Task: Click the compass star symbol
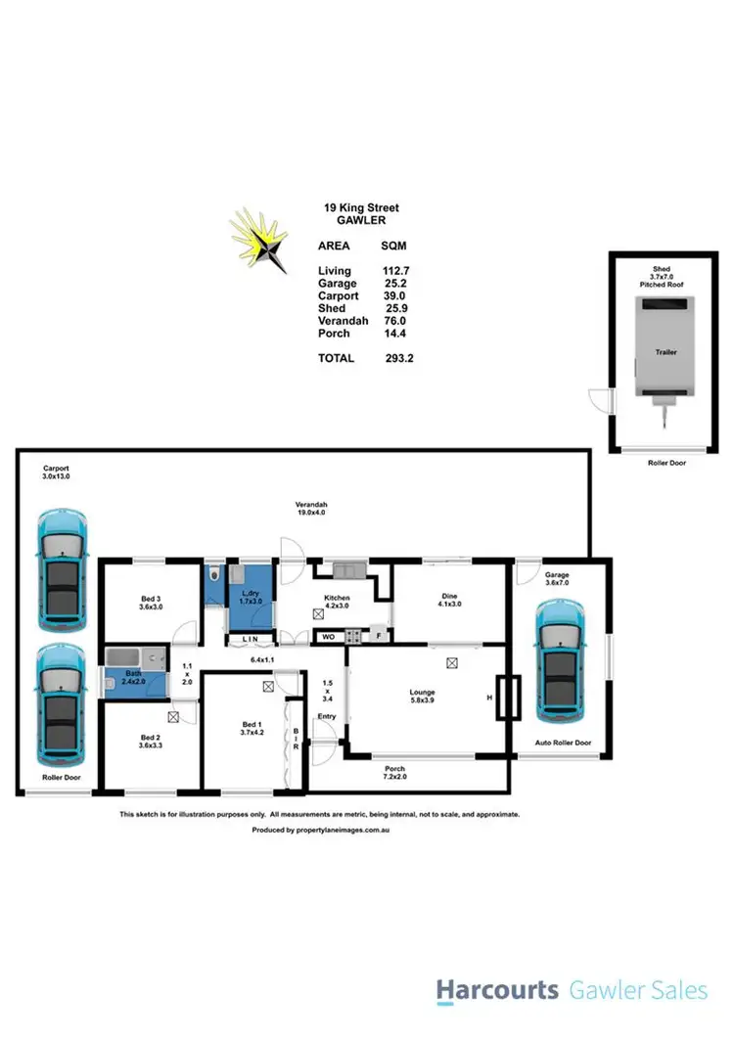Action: [258, 238]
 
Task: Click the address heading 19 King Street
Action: [361, 207]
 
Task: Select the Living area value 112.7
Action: [396, 270]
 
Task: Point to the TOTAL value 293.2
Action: [399, 359]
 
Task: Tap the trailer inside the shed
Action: [666, 349]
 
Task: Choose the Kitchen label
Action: [337, 598]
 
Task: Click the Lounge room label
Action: [423, 693]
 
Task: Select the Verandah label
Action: [310, 505]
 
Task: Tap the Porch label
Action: [395, 768]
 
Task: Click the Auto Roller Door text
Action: [563, 744]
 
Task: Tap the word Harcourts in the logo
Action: [496, 991]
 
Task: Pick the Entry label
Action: [326, 717]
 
